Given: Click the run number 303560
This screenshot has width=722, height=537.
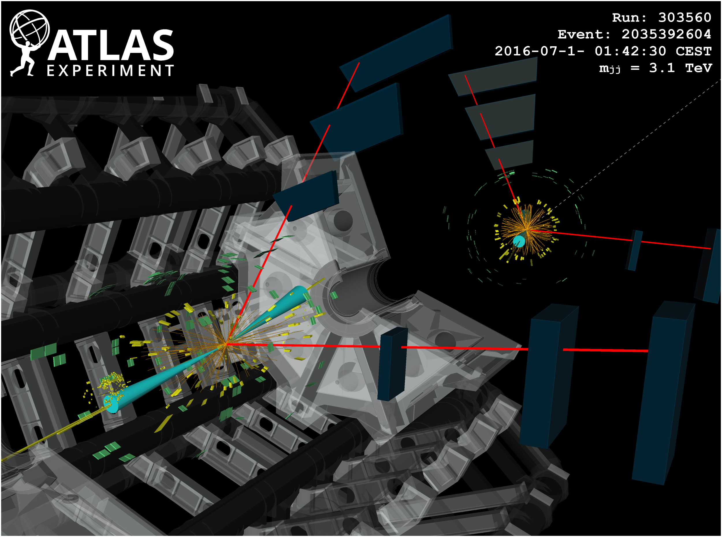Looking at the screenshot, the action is coord(684,18).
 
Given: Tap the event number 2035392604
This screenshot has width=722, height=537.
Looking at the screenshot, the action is coord(666,34).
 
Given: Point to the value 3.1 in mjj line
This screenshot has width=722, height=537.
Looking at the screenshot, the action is coord(662,68).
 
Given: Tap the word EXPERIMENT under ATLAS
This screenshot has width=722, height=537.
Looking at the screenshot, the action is coord(110,71).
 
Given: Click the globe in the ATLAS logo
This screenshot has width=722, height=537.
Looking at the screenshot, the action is coord(29,29).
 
